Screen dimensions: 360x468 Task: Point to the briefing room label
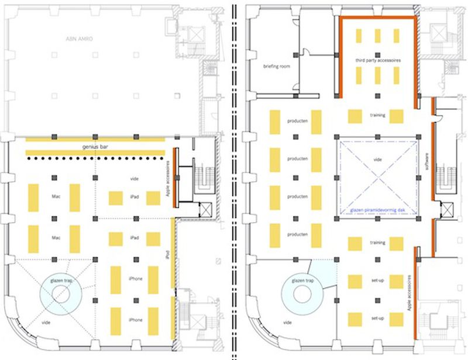(x=277, y=67)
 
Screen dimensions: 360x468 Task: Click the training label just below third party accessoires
(x=377, y=115)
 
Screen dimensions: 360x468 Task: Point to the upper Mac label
(x=57, y=198)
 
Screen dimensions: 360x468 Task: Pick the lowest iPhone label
(x=135, y=320)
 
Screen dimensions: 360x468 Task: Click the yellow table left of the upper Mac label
(x=33, y=198)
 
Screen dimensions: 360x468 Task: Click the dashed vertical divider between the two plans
(x=235, y=175)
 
